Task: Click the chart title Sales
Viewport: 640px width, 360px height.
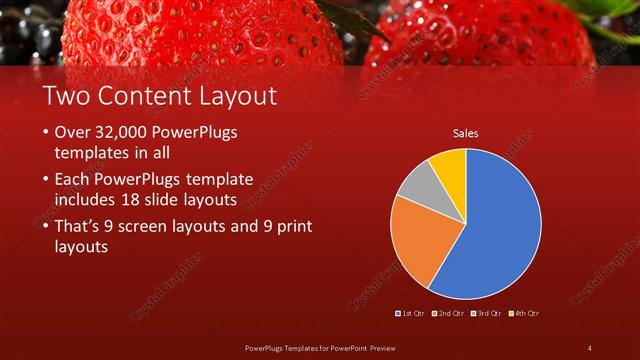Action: click(x=465, y=132)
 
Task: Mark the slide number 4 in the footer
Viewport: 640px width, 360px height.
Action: click(x=589, y=347)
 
